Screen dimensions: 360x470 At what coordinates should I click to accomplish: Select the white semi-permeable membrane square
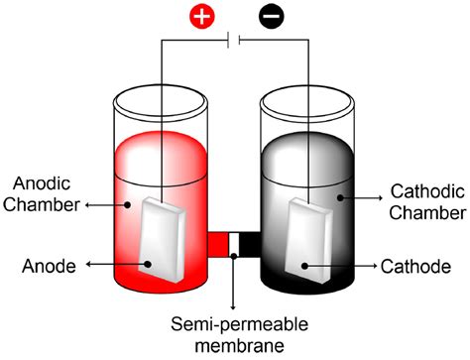[234, 244]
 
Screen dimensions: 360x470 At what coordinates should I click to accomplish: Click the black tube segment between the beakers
[249, 244]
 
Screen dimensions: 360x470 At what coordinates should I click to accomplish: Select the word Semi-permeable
[233, 322]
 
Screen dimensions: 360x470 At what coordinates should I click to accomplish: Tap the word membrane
[233, 344]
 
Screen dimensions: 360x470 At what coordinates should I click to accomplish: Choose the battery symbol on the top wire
[234, 41]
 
